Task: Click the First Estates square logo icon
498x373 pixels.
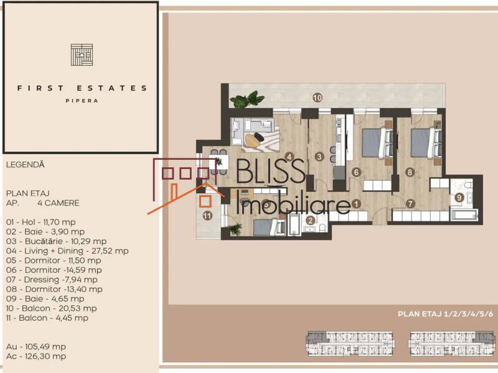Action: [82, 55]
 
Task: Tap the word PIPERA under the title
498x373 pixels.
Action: [82, 100]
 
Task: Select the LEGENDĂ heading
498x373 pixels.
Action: [26, 165]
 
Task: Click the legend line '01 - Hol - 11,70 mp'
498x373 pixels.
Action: [45, 221]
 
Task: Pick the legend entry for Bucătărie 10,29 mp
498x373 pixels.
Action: [56, 241]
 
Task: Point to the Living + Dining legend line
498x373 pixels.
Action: [67, 251]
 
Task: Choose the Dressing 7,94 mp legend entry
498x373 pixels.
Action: [52, 279]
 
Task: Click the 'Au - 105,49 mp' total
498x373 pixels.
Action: [36, 346]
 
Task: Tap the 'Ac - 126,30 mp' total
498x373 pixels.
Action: [36, 356]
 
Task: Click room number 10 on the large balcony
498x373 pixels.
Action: [317, 98]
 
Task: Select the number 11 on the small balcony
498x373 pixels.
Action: [207, 216]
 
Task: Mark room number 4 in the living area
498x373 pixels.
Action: [289, 157]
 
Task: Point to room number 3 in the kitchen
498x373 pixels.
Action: [319, 157]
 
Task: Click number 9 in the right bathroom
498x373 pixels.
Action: [459, 198]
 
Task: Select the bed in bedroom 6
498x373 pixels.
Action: [375, 142]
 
